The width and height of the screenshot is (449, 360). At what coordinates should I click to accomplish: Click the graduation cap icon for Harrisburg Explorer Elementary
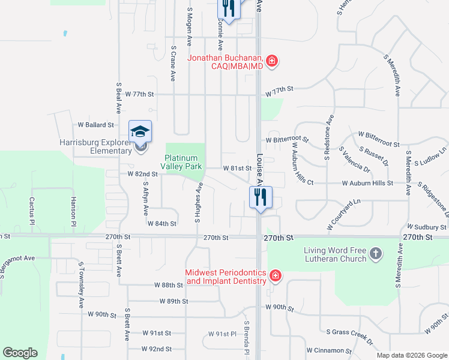pos(140,131)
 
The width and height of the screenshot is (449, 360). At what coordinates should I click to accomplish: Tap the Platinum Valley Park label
pos(185,162)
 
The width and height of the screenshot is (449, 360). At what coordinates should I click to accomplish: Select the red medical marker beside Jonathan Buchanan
pos(272,61)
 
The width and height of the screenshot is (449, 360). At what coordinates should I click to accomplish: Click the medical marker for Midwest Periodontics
pos(276,276)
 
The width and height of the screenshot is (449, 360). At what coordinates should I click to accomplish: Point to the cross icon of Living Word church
pos(376,254)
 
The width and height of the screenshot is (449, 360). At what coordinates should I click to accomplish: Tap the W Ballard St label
pos(96,125)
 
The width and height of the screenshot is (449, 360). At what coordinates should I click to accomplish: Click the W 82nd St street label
pos(142,174)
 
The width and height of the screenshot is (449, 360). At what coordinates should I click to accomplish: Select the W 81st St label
pos(237,169)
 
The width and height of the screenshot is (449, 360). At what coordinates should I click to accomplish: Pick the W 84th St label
pos(162,223)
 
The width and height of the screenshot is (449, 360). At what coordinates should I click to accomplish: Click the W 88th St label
pos(167,285)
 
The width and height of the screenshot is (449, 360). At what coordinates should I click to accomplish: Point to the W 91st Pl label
pos(223,334)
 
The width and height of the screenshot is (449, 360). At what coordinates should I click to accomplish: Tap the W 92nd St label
pos(156,349)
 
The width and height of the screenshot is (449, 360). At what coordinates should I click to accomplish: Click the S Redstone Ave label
pos(329,137)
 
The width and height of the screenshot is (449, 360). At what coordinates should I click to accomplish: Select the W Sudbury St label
pos(427,227)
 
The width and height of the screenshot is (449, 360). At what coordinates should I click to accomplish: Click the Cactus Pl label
pos(32,208)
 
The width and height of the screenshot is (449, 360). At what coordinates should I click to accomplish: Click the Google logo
pos(20,353)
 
